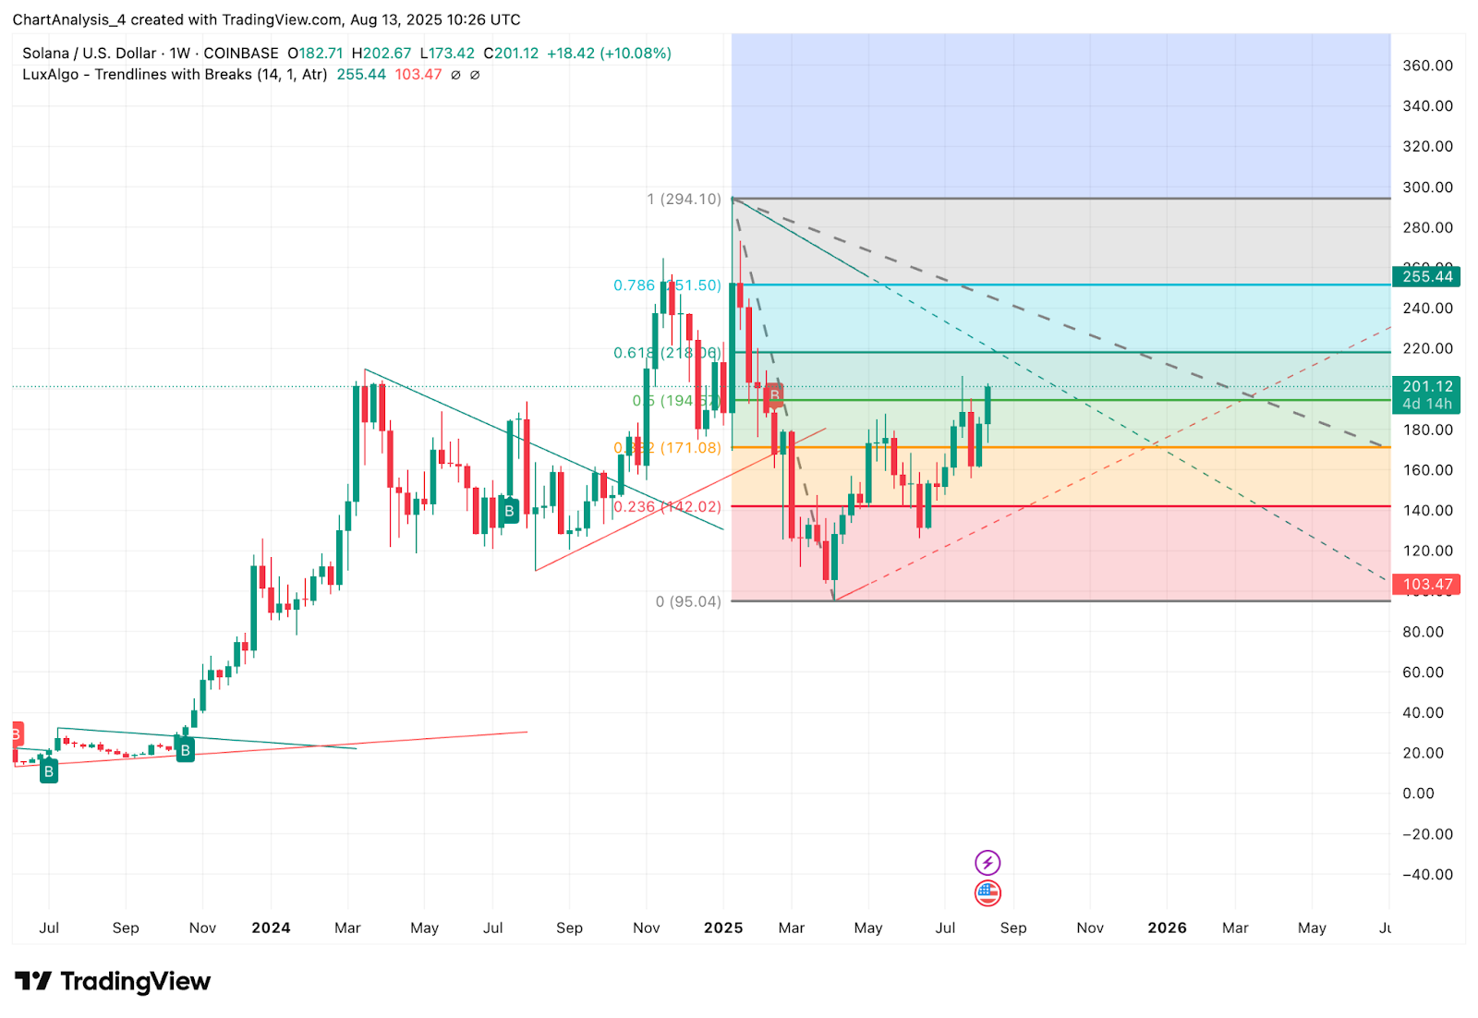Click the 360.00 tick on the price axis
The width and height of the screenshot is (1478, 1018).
click(x=1427, y=66)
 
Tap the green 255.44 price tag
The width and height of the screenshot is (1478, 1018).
click(x=1426, y=276)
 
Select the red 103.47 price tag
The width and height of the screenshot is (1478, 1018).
click(x=1426, y=584)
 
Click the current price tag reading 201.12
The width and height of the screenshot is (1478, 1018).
click(x=1426, y=387)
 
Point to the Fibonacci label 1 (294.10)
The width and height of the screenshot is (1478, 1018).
click(x=684, y=200)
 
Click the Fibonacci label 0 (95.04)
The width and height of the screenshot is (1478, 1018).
click(x=688, y=601)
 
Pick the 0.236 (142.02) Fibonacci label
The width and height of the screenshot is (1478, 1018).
click(x=667, y=506)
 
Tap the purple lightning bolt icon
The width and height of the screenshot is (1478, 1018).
click(x=987, y=863)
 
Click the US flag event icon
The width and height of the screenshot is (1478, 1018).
click(x=987, y=892)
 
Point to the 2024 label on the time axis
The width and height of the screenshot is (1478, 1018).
click(x=271, y=927)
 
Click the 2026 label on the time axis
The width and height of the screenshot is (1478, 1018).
click(x=1167, y=927)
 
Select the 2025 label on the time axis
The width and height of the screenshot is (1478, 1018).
click(x=723, y=927)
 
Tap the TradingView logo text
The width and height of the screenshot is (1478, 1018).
click(x=135, y=981)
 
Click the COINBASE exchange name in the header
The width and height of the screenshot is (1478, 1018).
click(x=241, y=54)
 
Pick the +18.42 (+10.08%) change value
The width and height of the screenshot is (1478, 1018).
click(x=609, y=54)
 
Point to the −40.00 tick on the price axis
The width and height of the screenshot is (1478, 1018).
click(x=1427, y=875)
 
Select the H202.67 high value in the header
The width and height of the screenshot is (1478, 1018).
click(x=381, y=54)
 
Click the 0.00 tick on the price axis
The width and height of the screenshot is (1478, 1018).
click(x=1418, y=794)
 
